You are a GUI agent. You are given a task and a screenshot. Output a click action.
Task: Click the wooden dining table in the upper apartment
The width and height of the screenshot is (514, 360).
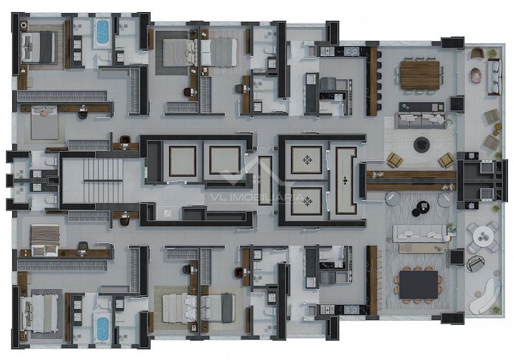click(420, 75)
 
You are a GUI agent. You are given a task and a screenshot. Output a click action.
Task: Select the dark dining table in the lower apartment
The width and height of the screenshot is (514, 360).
click(419, 284)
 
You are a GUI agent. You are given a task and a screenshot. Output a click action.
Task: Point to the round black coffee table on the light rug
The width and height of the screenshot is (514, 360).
click(422, 145)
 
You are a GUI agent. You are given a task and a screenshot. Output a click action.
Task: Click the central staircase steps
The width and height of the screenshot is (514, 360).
click(103, 181)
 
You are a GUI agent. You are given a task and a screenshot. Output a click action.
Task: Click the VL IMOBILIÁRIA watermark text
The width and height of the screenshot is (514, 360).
click(257, 197)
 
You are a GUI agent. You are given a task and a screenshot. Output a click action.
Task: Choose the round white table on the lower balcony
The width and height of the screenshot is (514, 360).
click(482, 236)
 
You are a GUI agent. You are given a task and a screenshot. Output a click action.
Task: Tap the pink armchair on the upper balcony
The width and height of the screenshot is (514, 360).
click(476, 75)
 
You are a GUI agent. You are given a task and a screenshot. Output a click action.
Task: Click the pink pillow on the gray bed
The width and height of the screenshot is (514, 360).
click(44, 112)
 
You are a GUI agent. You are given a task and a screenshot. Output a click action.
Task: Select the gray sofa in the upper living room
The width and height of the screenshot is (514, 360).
click(422, 120)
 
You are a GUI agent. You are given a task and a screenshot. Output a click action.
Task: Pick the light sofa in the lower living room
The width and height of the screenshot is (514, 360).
click(420, 233)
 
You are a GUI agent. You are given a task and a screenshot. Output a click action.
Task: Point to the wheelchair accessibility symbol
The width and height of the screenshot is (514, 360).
click(167, 214)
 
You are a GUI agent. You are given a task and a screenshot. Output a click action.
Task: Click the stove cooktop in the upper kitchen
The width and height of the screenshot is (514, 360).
click(327, 51)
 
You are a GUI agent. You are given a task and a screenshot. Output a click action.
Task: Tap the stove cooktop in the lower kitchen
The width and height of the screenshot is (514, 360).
click(327, 310)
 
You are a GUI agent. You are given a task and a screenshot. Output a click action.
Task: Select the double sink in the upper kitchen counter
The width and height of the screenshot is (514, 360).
click(350, 51)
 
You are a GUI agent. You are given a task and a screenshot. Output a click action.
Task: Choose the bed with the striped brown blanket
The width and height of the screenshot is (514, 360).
click(44, 240)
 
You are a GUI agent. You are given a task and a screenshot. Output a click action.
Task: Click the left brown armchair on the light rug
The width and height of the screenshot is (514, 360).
click(395, 160)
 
